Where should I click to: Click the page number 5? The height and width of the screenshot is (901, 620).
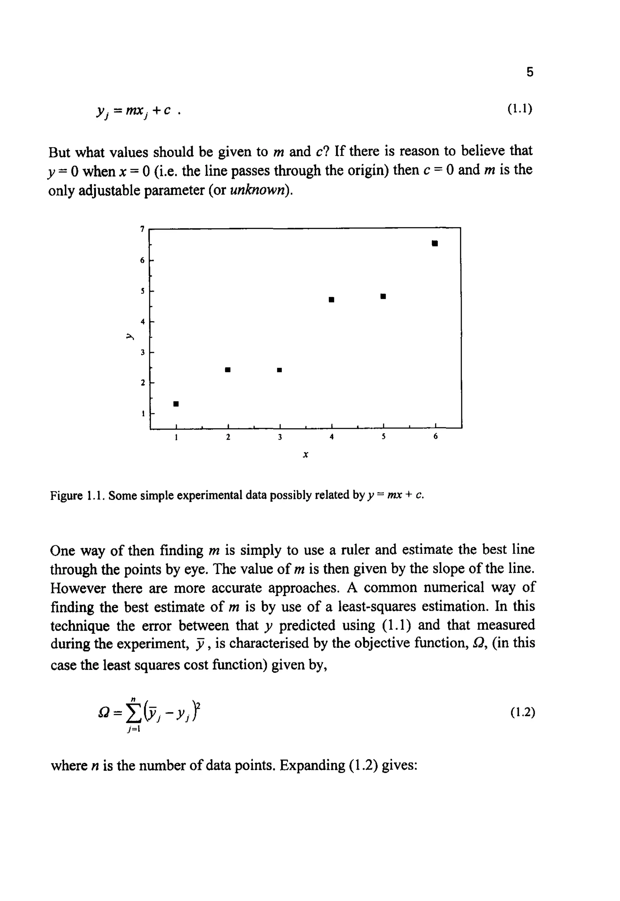pyautogui.click(x=530, y=72)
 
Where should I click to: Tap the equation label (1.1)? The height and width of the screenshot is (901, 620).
pyautogui.click(x=519, y=109)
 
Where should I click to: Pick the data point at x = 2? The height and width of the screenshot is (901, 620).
pyautogui.click(x=228, y=369)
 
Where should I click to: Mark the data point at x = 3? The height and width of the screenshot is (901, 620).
pyautogui.click(x=279, y=370)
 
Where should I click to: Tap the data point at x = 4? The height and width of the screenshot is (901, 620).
pyautogui.click(x=331, y=299)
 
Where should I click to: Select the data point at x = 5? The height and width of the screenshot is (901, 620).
pyautogui.click(x=383, y=296)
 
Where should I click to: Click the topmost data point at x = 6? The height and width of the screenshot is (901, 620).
pyautogui.click(x=435, y=243)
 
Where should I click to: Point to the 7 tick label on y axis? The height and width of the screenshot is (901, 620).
pyautogui.click(x=143, y=229)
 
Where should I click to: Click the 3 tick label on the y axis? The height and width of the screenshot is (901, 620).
pyautogui.click(x=143, y=352)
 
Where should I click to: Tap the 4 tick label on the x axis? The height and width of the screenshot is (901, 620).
pyautogui.click(x=331, y=437)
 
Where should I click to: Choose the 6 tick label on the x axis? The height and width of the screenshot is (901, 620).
pyautogui.click(x=435, y=437)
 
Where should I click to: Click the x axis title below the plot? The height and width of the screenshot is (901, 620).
pyautogui.click(x=305, y=454)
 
